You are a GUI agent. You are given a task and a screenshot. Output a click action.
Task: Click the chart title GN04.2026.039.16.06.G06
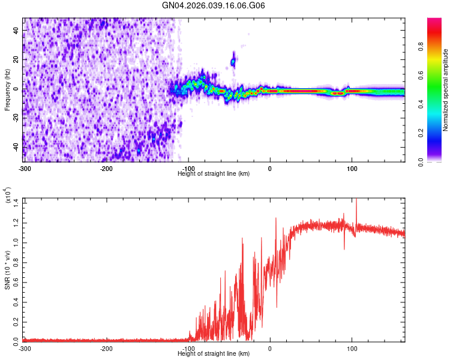click(x=214, y=5)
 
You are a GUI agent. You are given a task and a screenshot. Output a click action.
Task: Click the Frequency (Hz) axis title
click(x=7, y=89)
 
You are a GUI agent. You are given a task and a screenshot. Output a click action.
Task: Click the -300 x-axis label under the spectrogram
click(x=25, y=168)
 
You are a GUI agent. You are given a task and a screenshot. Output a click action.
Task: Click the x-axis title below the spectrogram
click(x=214, y=174)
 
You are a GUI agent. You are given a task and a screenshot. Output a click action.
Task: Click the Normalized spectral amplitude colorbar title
click(x=445, y=90)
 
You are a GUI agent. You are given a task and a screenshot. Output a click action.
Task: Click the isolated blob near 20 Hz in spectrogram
click(x=233, y=61)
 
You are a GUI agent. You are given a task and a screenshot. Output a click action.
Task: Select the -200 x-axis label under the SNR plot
click(x=106, y=348)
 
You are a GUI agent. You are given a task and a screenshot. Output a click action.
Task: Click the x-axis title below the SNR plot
click(x=214, y=354)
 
